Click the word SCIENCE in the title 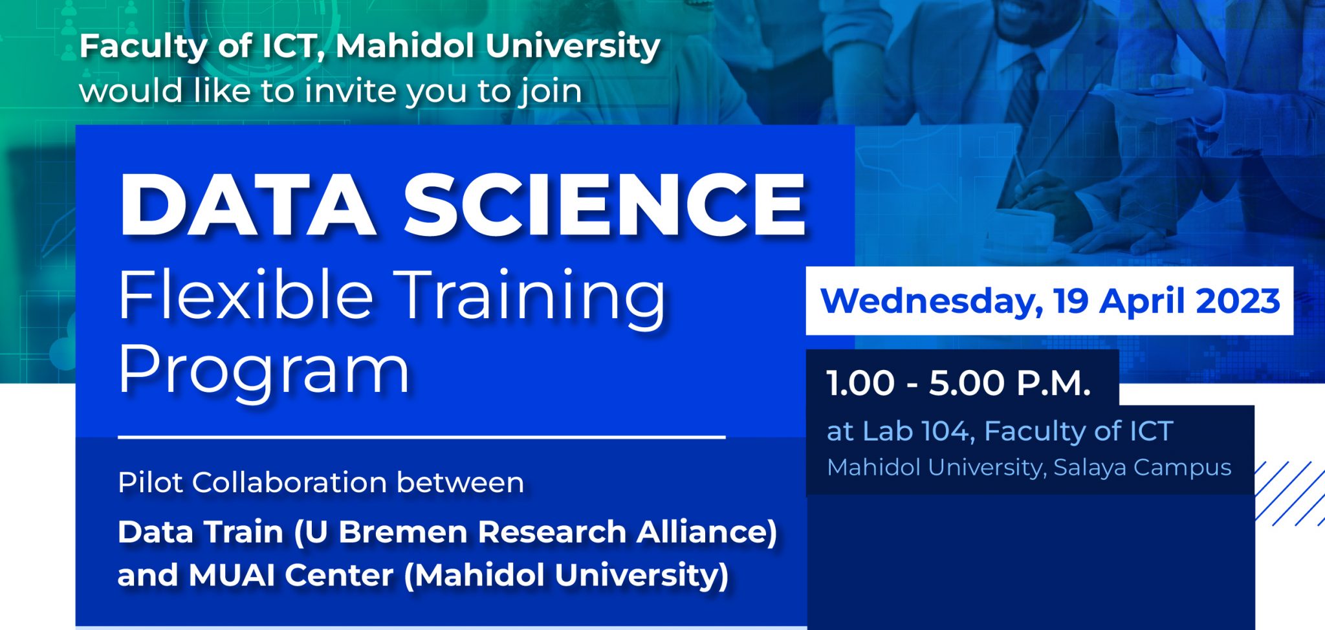[x=605, y=206]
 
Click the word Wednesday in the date [x=930, y=301]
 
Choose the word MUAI [x=231, y=575]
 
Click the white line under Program [x=421, y=438]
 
